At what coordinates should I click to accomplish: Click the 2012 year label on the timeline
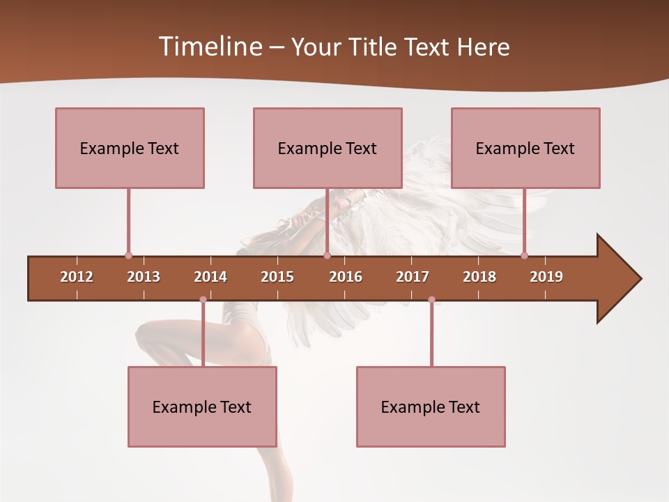click(77, 277)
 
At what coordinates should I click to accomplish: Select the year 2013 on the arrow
click(144, 277)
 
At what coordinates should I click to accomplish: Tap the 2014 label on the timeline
click(210, 277)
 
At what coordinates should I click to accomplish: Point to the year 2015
click(277, 277)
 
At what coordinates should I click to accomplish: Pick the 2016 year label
click(346, 277)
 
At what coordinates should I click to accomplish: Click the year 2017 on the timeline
click(413, 277)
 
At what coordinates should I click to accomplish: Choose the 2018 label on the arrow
click(479, 277)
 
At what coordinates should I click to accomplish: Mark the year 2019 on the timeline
click(546, 277)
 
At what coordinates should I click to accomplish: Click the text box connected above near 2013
click(130, 148)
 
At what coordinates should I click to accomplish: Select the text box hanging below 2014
click(202, 406)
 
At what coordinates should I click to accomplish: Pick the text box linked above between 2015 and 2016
click(328, 148)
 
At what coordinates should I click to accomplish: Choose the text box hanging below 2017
click(431, 406)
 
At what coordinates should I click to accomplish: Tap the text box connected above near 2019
click(525, 148)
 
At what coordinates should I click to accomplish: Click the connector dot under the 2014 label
click(203, 300)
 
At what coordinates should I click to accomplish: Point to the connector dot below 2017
click(431, 300)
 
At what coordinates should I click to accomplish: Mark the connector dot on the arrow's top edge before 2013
click(128, 256)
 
